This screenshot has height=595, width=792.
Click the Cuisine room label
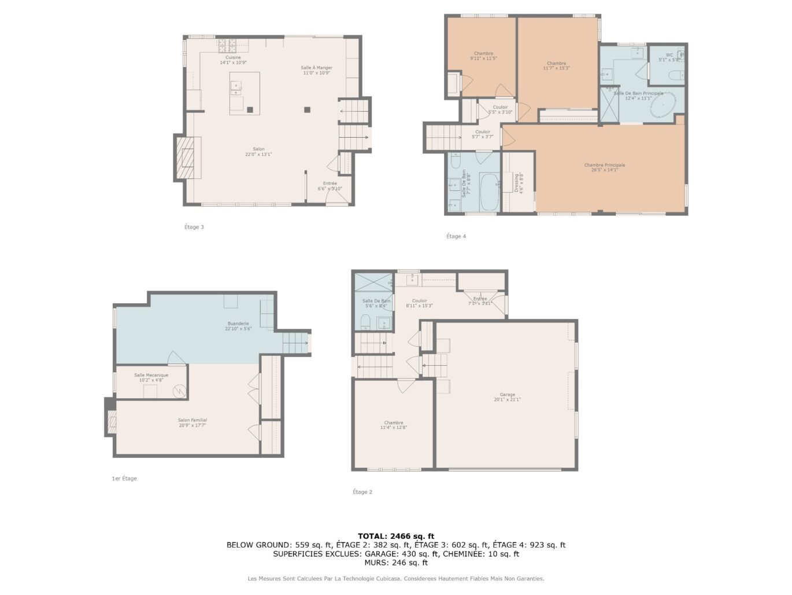click(x=233, y=58)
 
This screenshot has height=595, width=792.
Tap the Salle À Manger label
click(x=316, y=68)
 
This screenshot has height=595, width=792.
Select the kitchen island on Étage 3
click(x=244, y=93)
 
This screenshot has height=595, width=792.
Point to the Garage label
click(x=507, y=395)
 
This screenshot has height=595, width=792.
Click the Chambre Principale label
click(x=604, y=166)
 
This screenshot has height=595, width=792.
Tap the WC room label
click(x=669, y=56)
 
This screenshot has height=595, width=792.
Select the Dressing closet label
click(x=516, y=183)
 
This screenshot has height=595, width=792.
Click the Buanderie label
click(x=238, y=324)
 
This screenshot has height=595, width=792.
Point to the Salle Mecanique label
click(x=151, y=376)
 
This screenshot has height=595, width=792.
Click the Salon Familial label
click(x=192, y=421)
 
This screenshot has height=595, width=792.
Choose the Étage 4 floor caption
click(x=456, y=236)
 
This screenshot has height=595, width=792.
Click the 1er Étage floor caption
click(x=124, y=479)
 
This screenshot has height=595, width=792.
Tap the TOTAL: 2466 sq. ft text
click(x=395, y=536)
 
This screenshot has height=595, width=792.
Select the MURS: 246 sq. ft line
click(x=395, y=563)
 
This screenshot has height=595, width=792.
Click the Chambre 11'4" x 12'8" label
click(x=393, y=423)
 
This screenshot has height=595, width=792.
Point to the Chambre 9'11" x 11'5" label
click(x=483, y=54)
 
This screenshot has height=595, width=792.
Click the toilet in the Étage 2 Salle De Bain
click(x=365, y=321)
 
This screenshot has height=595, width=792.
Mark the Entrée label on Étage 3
click(x=330, y=183)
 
